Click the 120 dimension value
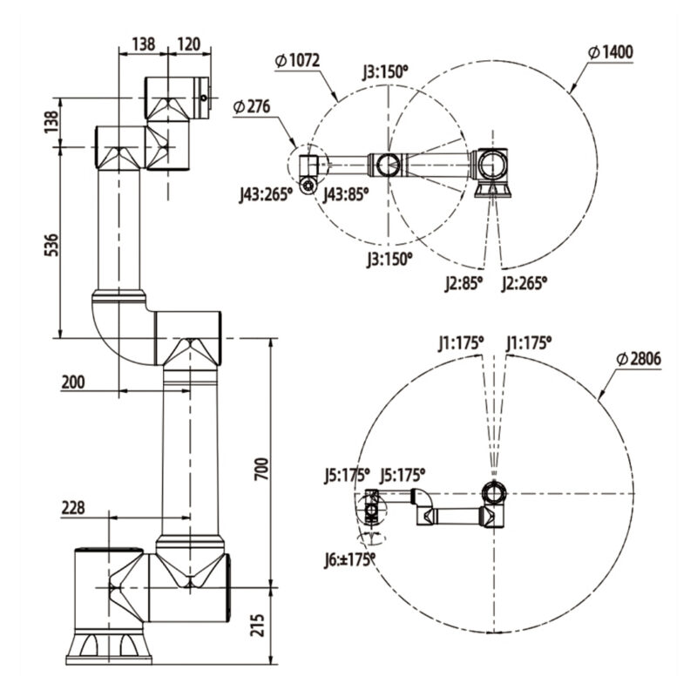click(188, 42)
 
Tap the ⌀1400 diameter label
click(611, 52)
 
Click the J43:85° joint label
click(346, 194)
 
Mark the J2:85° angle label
click(463, 282)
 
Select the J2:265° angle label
click(524, 282)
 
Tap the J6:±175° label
click(348, 558)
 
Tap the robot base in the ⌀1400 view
click(492, 186)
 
